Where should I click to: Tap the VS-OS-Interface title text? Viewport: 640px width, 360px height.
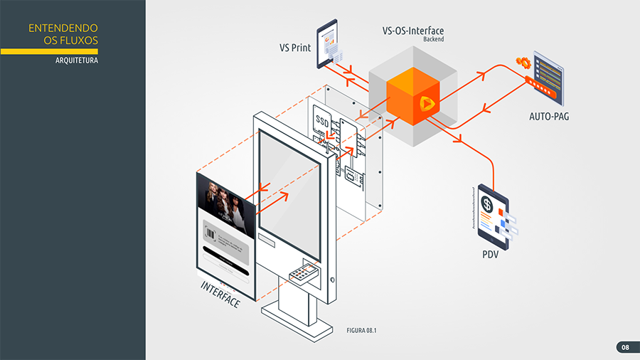[413, 31]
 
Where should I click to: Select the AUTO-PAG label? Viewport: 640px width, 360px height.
[549, 116]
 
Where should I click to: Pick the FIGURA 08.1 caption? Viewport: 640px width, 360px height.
[361, 331]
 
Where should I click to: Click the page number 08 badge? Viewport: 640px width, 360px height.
[624, 347]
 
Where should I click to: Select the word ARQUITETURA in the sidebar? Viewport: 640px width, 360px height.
[77, 60]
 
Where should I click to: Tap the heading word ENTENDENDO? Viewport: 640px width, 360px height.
[63, 28]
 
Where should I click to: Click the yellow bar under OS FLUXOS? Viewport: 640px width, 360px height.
[49, 51]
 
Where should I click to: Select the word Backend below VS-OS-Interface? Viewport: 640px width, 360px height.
[433, 40]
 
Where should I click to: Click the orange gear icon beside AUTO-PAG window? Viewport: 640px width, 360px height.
[521, 61]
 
